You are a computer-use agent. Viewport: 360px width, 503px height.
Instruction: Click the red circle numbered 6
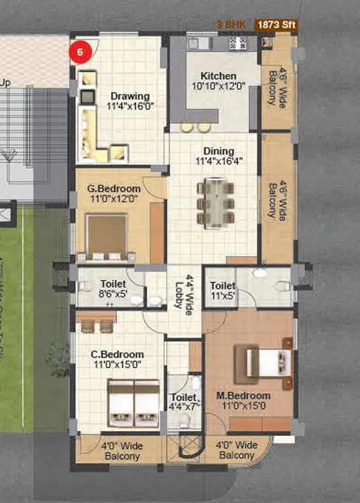pos(81,52)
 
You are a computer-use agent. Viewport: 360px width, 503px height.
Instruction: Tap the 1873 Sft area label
pos(276,25)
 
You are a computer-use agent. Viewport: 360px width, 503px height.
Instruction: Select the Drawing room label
pos(130,96)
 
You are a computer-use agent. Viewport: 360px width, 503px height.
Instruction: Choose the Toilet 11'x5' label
pos(223,290)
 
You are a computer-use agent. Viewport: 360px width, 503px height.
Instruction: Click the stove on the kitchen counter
pos(237,43)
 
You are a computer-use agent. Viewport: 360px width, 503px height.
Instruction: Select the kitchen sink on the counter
pos(200,44)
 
